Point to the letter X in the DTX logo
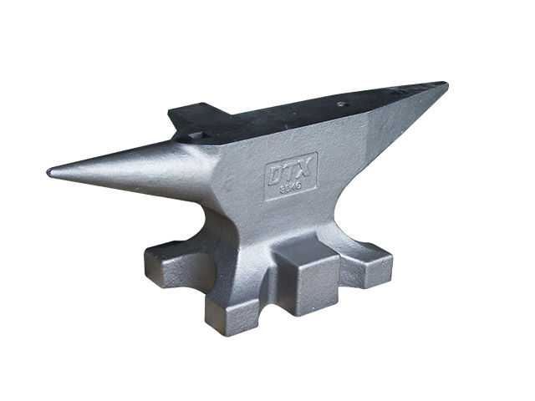pyautogui.click(x=304, y=171)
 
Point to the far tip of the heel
pyautogui.click(x=445, y=84)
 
